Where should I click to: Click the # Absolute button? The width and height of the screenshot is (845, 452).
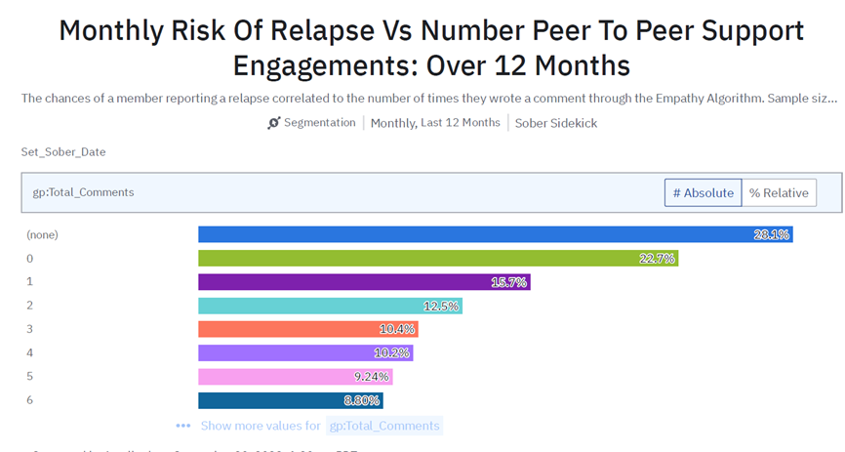point(703,193)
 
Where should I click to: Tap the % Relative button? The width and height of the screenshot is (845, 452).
point(779,193)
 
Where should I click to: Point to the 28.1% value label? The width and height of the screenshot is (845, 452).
point(771,234)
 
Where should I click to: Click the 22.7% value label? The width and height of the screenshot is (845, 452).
point(657,258)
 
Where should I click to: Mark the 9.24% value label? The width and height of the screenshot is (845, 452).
point(371,376)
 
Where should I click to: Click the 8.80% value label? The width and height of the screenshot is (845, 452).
point(361,400)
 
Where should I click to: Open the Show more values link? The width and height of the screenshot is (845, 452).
point(261,426)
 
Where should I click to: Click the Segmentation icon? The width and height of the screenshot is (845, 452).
point(273,123)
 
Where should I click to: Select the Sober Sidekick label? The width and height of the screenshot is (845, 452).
point(556,123)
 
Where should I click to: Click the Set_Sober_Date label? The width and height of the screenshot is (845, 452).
point(63,152)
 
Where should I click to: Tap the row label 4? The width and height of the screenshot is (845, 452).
point(30,352)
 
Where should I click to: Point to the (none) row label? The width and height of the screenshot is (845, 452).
point(43,234)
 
